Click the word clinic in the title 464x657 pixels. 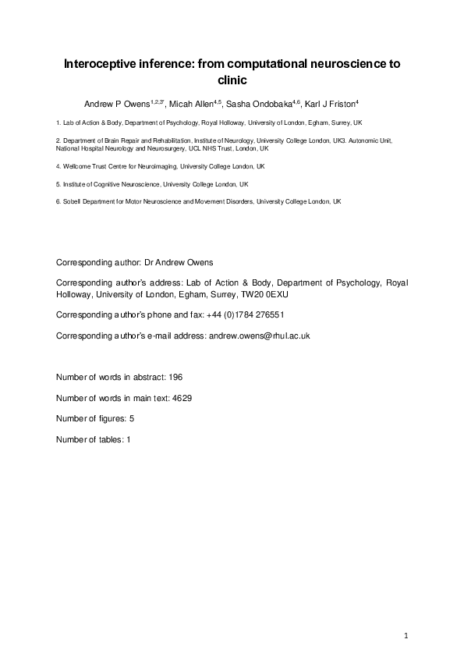232,79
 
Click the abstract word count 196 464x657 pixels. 175,377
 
